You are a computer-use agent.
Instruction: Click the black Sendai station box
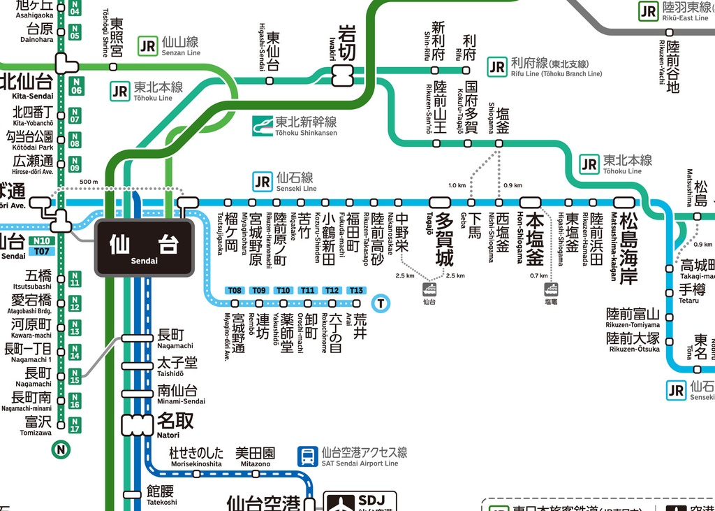(144, 247)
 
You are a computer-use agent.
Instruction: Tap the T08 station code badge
(235, 290)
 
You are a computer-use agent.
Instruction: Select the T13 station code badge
(356, 290)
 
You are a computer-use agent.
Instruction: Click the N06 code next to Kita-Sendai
(75, 85)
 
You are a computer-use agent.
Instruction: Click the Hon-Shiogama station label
(533, 238)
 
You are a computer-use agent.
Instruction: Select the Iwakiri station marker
(344, 75)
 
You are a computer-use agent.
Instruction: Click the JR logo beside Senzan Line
(148, 46)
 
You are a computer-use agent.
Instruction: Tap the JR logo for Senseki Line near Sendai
(263, 182)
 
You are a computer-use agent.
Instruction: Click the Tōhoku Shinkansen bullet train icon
(263, 126)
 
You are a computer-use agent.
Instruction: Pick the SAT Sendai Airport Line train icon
(307, 456)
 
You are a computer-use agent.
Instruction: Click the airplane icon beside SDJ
(340, 503)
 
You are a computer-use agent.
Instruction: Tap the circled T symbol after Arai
(381, 303)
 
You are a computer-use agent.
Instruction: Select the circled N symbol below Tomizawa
(61, 449)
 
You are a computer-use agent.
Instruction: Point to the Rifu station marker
(466, 70)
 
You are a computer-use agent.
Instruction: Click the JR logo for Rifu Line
(497, 66)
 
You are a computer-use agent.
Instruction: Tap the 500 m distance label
(89, 182)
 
